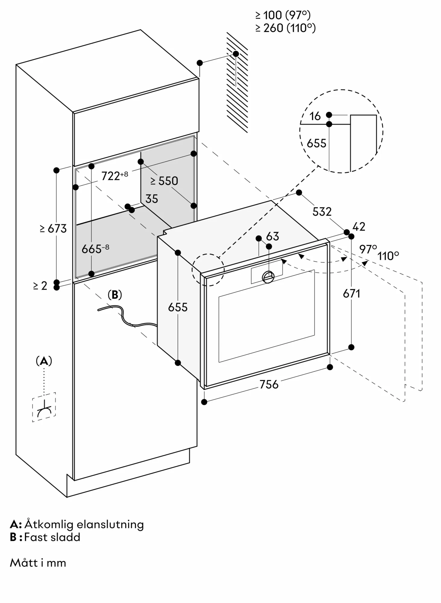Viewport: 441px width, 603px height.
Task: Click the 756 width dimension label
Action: (x=269, y=384)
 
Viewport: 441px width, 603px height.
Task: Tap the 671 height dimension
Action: (x=352, y=293)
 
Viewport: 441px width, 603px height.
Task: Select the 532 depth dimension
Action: (x=322, y=212)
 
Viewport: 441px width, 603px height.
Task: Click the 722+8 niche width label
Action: (x=114, y=176)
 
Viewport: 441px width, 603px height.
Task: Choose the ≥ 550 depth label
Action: (x=164, y=181)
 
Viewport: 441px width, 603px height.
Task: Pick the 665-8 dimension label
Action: (x=95, y=249)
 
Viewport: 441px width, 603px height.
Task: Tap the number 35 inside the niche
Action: (x=152, y=199)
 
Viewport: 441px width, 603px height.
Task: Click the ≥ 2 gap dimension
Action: (x=40, y=286)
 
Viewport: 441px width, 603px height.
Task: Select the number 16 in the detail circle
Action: (x=315, y=116)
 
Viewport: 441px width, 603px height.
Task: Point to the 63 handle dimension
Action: (x=273, y=236)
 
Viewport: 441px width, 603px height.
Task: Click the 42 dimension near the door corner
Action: (x=359, y=227)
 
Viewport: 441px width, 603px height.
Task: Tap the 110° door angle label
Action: (x=388, y=256)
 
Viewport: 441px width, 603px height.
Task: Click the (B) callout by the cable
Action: (x=115, y=295)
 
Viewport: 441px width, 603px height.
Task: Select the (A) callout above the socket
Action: (x=44, y=361)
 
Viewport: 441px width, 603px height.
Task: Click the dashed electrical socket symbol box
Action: (x=44, y=407)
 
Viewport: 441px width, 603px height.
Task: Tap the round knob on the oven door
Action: (x=268, y=277)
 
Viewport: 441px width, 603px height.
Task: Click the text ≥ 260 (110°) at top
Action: (x=285, y=28)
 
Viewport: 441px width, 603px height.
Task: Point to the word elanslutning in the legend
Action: (x=110, y=524)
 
